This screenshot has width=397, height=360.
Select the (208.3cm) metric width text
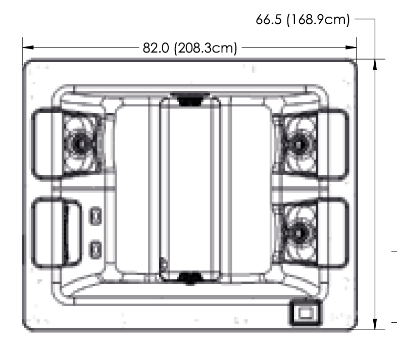point(205,48)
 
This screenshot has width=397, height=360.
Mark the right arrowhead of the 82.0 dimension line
point(352,48)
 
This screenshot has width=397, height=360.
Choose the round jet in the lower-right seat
point(299,231)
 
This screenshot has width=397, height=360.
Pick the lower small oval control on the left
point(94,248)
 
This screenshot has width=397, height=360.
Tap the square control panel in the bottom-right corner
point(305,313)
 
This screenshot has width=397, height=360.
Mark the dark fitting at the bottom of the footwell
point(190,276)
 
